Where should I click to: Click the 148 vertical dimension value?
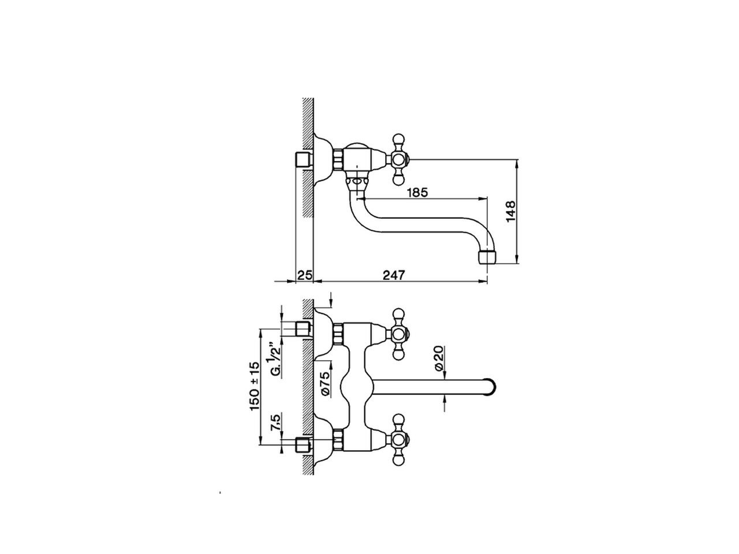(x=509, y=211)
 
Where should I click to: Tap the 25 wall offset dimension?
(x=304, y=275)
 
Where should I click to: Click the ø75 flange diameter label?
(x=324, y=384)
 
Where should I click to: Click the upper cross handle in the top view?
(x=398, y=332)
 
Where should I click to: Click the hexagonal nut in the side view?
(x=338, y=158)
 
